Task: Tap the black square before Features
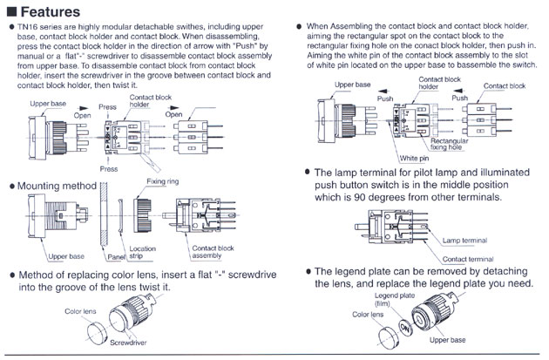pos(12,11)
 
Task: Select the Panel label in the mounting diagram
pos(116,258)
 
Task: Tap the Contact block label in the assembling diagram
pos(505,86)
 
